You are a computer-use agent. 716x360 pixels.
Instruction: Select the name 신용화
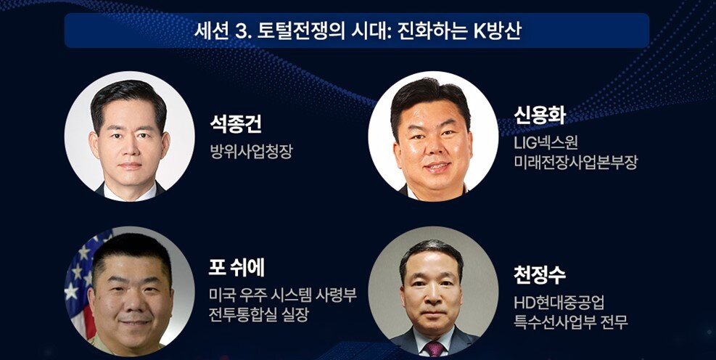point(540,116)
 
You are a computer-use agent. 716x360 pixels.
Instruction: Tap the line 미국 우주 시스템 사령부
point(281,296)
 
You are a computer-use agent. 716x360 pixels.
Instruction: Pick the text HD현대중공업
point(559,303)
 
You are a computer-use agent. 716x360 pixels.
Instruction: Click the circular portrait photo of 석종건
point(130,136)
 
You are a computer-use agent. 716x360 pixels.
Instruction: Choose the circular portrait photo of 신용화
point(432,136)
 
